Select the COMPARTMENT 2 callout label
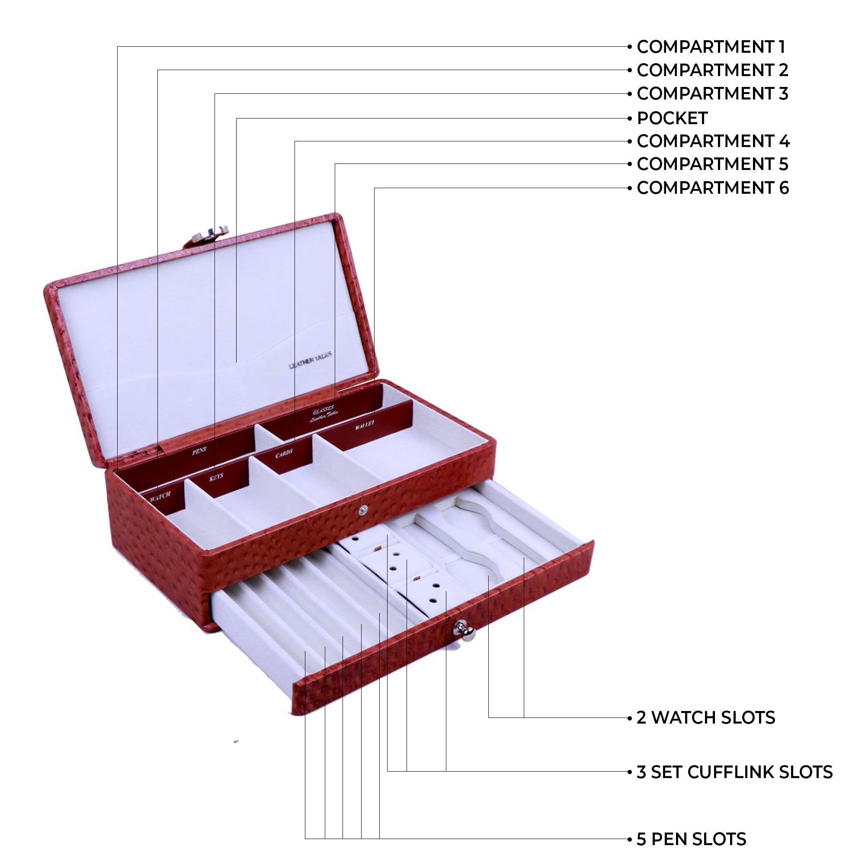[712, 70]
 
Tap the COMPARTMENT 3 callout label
[712, 93]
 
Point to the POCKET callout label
[672, 118]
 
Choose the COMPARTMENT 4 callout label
[713, 141]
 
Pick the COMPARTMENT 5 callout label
[712, 164]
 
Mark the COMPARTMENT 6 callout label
[712, 188]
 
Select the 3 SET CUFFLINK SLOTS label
[734, 772]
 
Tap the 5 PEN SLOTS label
[691, 839]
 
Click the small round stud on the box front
[364, 509]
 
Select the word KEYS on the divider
[216, 476]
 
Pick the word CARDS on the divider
[284, 455]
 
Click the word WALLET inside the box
[365, 425]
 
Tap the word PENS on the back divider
[199, 451]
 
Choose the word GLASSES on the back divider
[323, 410]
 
